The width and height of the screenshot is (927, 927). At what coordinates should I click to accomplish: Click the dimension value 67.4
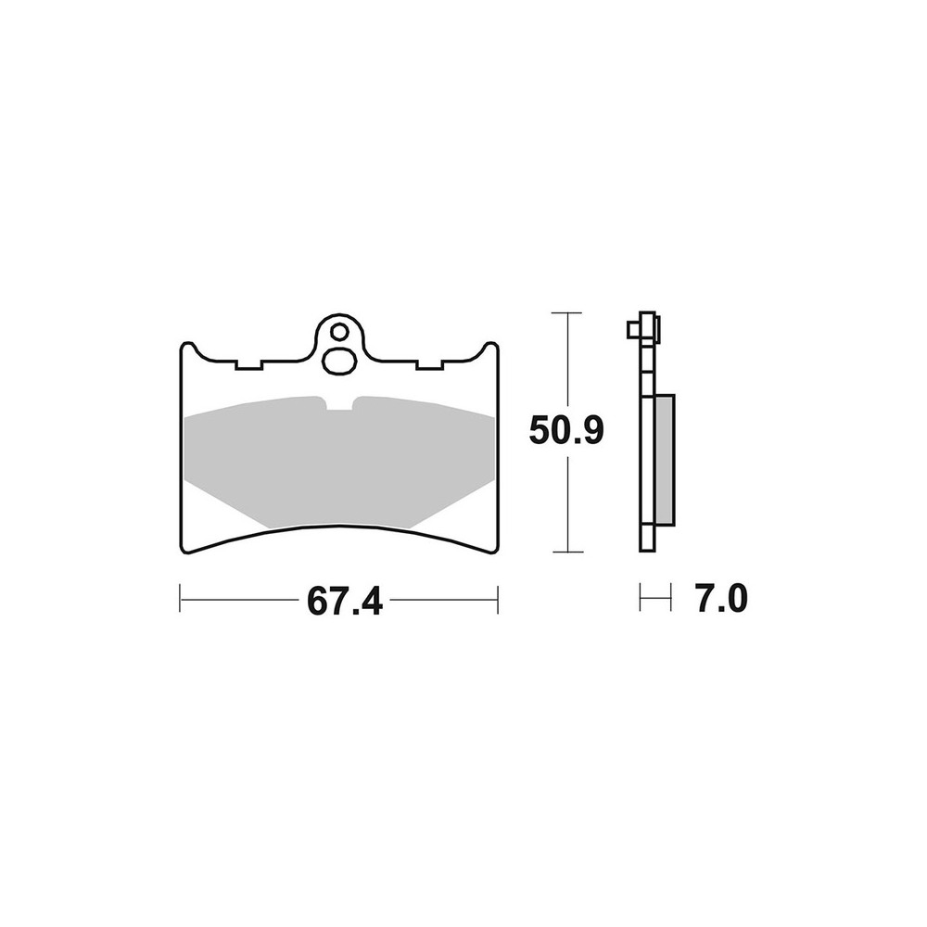click(344, 602)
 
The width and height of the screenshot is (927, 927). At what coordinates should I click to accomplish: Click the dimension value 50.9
click(566, 430)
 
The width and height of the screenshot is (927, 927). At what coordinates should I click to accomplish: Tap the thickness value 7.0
click(722, 598)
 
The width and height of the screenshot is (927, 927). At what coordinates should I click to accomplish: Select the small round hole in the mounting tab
click(340, 332)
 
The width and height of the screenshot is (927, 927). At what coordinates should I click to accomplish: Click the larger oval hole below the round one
click(339, 361)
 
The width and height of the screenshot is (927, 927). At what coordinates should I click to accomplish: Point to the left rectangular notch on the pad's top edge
click(248, 364)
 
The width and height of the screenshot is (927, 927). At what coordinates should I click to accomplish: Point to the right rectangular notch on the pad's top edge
click(429, 364)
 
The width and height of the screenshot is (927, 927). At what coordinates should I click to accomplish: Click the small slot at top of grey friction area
click(339, 402)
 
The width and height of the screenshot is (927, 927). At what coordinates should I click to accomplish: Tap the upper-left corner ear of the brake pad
click(187, 349)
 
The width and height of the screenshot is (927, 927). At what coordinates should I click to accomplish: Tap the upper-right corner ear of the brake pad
click(490, 349)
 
